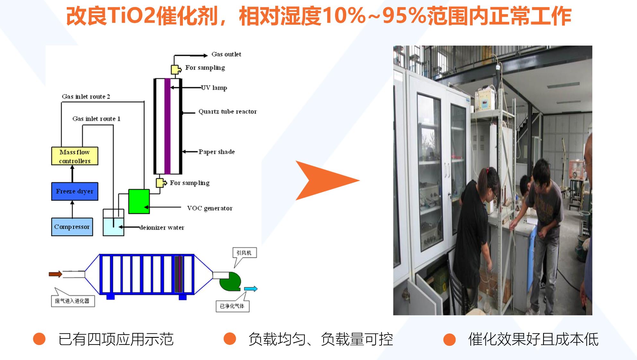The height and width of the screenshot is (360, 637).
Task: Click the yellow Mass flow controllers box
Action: click(75, 156)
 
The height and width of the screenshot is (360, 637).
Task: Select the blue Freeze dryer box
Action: click(75, 191)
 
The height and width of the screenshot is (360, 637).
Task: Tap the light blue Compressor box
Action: click(72, 227)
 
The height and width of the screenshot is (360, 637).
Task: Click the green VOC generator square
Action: click(139, 201)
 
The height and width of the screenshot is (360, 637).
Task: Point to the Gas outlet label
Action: click(226, 54)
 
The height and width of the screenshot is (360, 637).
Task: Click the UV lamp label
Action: click(214, 88)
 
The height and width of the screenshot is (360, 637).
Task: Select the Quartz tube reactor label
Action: click(228, 112)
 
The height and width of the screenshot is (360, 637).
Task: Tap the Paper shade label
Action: click(217, 152)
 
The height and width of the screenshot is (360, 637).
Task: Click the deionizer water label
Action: click(162, 227)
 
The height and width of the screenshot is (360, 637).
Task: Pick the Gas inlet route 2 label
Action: click(86, 97)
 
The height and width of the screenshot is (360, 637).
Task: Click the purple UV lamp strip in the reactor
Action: click(167, 126)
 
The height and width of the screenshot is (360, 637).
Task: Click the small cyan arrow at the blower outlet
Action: click(251, 289)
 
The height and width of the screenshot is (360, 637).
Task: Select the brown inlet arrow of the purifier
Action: click(55, 274)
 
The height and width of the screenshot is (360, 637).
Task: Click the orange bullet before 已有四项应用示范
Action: click(39, 339)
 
